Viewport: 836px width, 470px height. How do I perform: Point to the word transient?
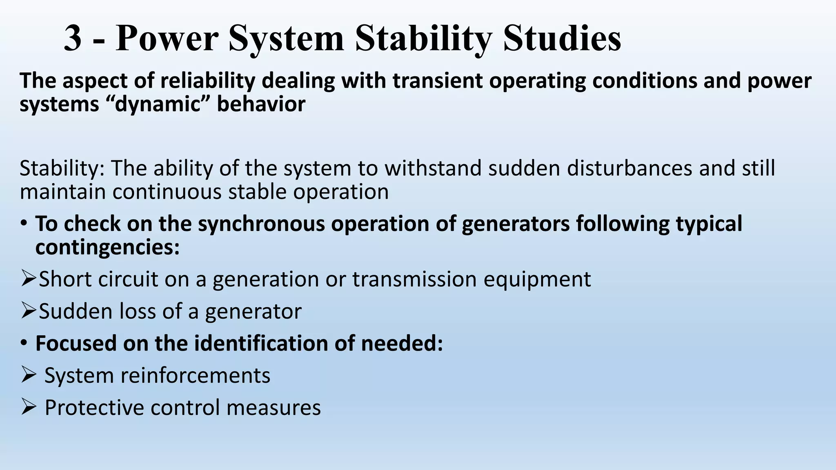[x=438, y=81]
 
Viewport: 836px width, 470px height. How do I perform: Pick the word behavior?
[x=261, y=104]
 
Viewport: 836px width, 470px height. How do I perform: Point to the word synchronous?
[x=262, y=224]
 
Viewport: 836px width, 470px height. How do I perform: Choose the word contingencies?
[x=107, y=247]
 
